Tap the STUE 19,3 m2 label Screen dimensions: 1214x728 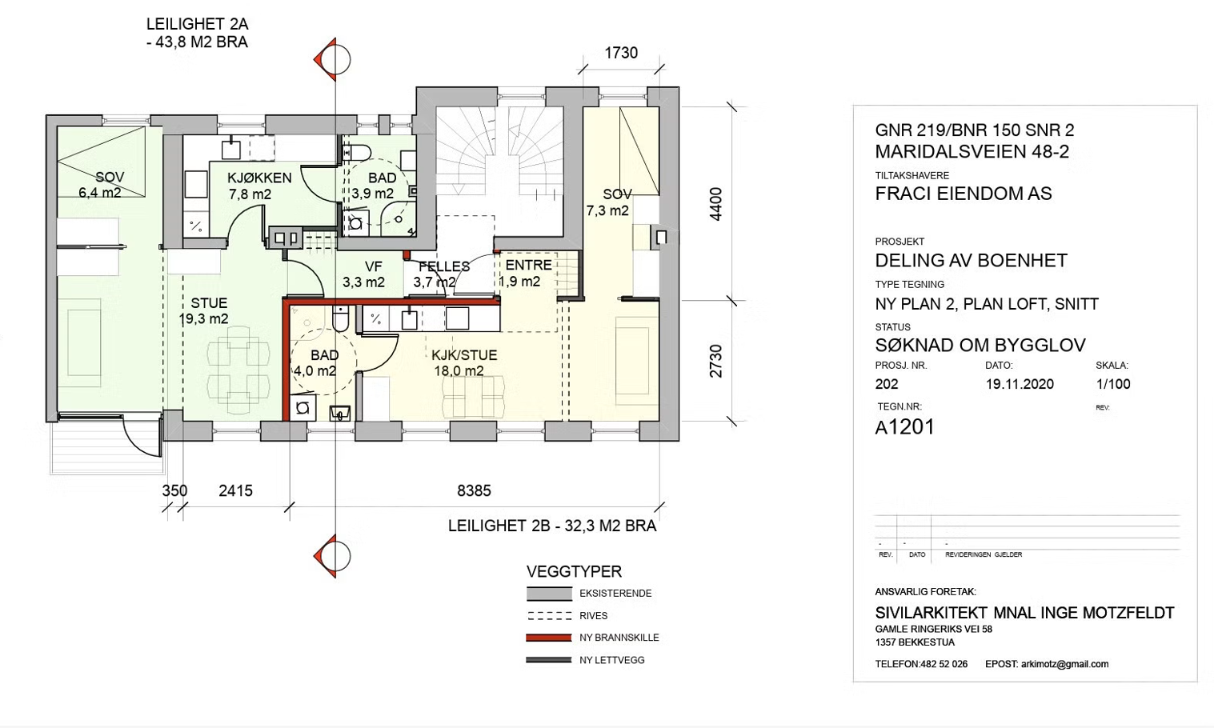point(204,311)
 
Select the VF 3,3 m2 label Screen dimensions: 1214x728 point(363,274)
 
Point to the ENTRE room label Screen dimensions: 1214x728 point(528,265)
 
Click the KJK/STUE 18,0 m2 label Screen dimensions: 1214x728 point(464,363)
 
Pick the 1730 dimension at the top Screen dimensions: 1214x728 point(621,53)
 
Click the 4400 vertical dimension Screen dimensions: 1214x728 point(716,204)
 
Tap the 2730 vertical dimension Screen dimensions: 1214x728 point(716,362)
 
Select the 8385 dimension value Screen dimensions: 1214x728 point(475,490)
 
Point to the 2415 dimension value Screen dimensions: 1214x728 point(236,490)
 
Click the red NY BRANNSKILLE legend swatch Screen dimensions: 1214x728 point(549,638)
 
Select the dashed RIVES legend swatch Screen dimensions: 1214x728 point(549,616)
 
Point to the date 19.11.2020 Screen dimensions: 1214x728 point(1020,384)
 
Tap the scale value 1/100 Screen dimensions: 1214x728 point(1113,384)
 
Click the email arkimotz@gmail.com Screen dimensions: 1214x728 point(1065,664)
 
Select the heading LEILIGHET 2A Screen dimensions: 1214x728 point(198,24)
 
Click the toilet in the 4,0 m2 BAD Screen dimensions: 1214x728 point(340,318)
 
